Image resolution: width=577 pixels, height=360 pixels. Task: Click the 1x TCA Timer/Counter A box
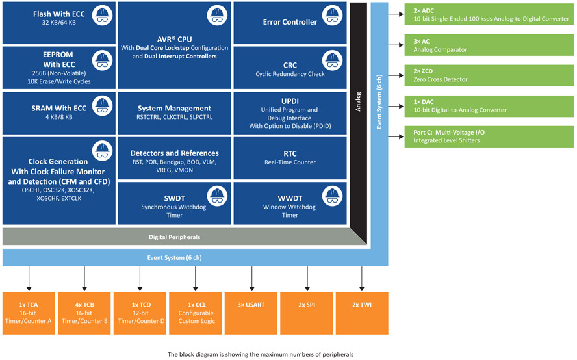[x=29, y=313]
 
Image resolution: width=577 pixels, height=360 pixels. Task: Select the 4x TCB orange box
[x=84, y=313]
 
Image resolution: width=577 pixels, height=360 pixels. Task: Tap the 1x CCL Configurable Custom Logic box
[x=196, y=313]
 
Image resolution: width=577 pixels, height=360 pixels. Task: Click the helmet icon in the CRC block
[x=332, y=60]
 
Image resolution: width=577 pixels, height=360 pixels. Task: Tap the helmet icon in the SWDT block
[x=216, y=195]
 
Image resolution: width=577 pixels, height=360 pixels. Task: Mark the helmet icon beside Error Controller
[x=332, y=15]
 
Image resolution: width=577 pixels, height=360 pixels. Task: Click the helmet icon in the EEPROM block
[x=101, y=60]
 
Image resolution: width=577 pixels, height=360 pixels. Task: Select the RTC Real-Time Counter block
[x=290, y=158]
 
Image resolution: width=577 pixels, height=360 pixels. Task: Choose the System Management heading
[x=174, y=108]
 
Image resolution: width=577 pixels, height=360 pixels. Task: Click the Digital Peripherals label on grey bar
[x=175, y=237]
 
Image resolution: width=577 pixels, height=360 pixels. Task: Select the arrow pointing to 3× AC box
[x=397, y=45]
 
